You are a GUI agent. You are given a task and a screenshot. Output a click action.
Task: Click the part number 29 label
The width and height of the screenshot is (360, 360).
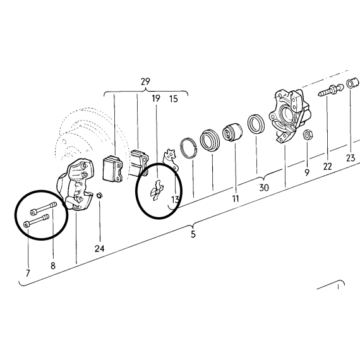145,81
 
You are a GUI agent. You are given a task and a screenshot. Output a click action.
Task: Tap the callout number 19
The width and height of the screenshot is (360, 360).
156,99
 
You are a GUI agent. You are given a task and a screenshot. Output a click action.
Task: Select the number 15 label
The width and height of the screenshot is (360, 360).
174,99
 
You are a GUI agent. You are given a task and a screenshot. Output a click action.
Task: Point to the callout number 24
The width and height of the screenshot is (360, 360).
99,248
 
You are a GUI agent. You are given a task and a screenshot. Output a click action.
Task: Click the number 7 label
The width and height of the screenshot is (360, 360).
28,273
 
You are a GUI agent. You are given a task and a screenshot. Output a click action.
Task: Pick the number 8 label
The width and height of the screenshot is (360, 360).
53,266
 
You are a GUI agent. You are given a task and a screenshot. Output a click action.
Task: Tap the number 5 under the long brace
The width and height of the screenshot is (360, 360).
193,234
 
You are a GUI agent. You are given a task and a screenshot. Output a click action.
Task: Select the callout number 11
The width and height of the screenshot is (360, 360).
236,198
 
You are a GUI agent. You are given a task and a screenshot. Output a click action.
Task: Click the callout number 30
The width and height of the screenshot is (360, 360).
264,188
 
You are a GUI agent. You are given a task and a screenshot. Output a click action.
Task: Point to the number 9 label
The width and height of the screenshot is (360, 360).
307,172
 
